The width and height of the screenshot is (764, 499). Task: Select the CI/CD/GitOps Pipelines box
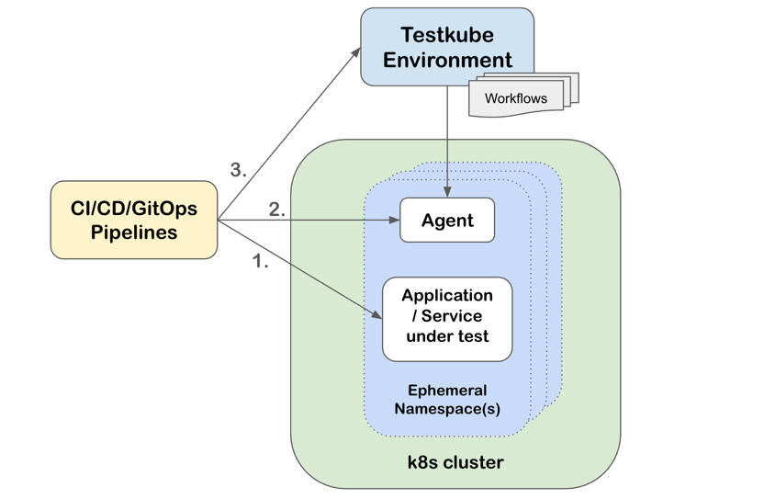(x=134, y=220)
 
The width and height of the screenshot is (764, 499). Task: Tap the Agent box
(x=447, y=221)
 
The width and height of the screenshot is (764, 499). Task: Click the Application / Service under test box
(x=447, y=317)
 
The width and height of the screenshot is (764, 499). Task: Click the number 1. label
(x=261, y=262)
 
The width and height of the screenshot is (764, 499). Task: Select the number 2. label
(x=277, y=210)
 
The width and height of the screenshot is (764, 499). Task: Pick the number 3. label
(x=239, y=169)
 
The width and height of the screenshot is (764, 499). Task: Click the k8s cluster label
(x=455, y=462)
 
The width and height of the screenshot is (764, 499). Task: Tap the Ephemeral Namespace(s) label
(x=447, y=400)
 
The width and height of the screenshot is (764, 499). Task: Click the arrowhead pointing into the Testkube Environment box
(x=356, y=52)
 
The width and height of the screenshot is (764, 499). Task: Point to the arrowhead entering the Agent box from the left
(x=394, y=221)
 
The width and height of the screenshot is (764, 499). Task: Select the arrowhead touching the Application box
(x=377, y=315)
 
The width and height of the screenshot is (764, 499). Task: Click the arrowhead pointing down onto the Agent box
(x=447, y=191)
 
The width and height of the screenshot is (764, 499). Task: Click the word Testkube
(x=447, y=35)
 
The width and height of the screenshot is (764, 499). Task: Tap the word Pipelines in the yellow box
(x=134, y=232)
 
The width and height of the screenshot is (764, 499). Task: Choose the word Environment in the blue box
(x=447, y=60)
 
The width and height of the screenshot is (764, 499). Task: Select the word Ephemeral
(x=447, y=391)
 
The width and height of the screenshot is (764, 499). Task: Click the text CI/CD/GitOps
(x=134, y=208)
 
